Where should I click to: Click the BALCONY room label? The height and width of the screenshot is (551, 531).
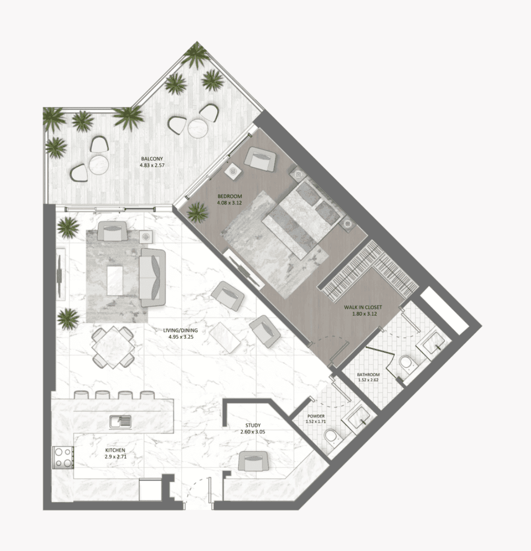pyautogui.click(x=151, y=159)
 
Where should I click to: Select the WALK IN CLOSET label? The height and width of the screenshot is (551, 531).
pyautogui.click(x=363, y=307)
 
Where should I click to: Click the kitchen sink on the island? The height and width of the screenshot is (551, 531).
pyautogui.click(x=120, y=421)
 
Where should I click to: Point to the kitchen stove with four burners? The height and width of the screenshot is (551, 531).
pyautogui.click(x=63, y=457)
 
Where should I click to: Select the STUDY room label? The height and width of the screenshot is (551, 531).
pyautogui.click(x=253, y=425)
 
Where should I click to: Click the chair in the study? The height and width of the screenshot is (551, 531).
pyautogui.click(x=253, y=461)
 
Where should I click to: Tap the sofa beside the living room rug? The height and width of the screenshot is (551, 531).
pyautogui.click(x=152, y=277)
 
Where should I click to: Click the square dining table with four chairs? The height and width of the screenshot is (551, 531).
pyautogui.click(x=113, y=347)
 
